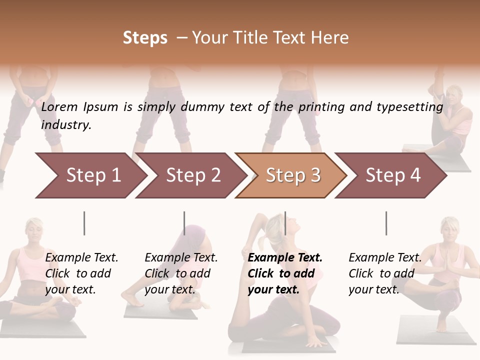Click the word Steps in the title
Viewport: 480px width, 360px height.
145,38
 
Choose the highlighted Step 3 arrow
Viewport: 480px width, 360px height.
293,175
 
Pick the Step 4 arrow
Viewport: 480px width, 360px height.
393,175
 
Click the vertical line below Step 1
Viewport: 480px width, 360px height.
84,223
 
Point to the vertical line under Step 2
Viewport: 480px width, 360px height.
184,223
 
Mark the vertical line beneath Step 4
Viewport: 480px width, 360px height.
386,223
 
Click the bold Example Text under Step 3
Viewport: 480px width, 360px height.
285,273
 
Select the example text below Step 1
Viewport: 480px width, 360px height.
81,273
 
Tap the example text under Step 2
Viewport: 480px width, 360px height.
181,273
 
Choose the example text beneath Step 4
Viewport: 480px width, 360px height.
385,273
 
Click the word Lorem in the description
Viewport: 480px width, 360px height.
60,106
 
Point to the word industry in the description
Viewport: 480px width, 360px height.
66,125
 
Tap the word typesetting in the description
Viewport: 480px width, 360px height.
409,106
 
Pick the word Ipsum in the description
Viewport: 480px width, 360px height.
101,107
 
